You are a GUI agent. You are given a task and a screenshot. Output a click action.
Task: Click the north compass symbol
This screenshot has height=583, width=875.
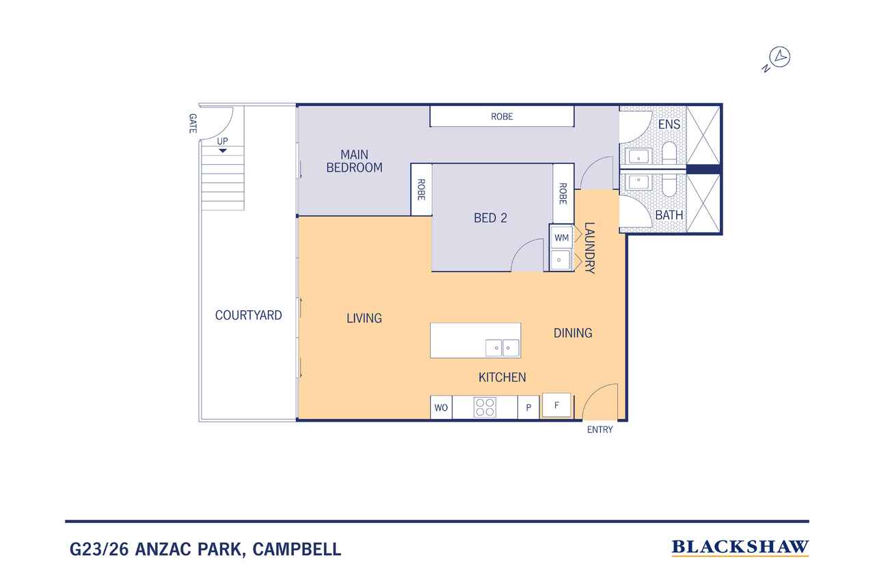[x=779, y=58]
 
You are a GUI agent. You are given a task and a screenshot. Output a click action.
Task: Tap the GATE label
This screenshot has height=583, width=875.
[x=193, y=123]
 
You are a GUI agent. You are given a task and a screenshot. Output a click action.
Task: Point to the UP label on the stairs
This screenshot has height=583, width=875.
[x=222, y=141]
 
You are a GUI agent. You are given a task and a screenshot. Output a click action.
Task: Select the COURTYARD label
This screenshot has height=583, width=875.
[x=248, y=315]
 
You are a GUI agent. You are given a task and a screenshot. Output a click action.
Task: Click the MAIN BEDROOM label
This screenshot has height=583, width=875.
[x=354, y=161]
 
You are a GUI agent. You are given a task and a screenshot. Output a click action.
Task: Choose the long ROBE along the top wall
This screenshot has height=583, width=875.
[x=502, y=117]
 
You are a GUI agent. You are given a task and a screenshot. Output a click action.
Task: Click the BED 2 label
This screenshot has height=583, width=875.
[x=490, y=218]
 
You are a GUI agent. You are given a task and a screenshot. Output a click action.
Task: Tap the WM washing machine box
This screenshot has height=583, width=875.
[x=561, y=238]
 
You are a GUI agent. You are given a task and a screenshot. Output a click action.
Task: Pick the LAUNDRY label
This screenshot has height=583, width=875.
[x=590, y=248]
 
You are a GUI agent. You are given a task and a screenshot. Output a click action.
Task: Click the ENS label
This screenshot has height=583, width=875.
[x=669, y=125]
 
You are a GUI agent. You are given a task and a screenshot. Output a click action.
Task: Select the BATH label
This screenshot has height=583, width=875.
[x=669, y=215]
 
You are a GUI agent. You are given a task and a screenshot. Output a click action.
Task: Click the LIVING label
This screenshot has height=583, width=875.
[x=364, y=318]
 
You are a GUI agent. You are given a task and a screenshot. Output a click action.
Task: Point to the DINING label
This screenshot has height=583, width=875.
[x=572, y=333]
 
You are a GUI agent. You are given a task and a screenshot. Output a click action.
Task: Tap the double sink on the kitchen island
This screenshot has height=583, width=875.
[x=502, y=348]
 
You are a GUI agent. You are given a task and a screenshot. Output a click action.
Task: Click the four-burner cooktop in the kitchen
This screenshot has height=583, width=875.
[x=485, y=407]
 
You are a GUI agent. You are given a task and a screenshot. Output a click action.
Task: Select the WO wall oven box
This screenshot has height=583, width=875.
[x=441, y=408]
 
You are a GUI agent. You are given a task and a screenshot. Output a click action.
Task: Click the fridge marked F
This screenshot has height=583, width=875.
[x=556, y=405]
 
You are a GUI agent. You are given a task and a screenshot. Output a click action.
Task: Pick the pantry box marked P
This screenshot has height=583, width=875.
[x=528, y=408]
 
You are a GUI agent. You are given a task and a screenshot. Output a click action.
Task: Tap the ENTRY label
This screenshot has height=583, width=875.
[x=600, y=430]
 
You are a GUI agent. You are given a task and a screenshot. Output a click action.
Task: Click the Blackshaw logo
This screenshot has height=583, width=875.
[x=740, y=547]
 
